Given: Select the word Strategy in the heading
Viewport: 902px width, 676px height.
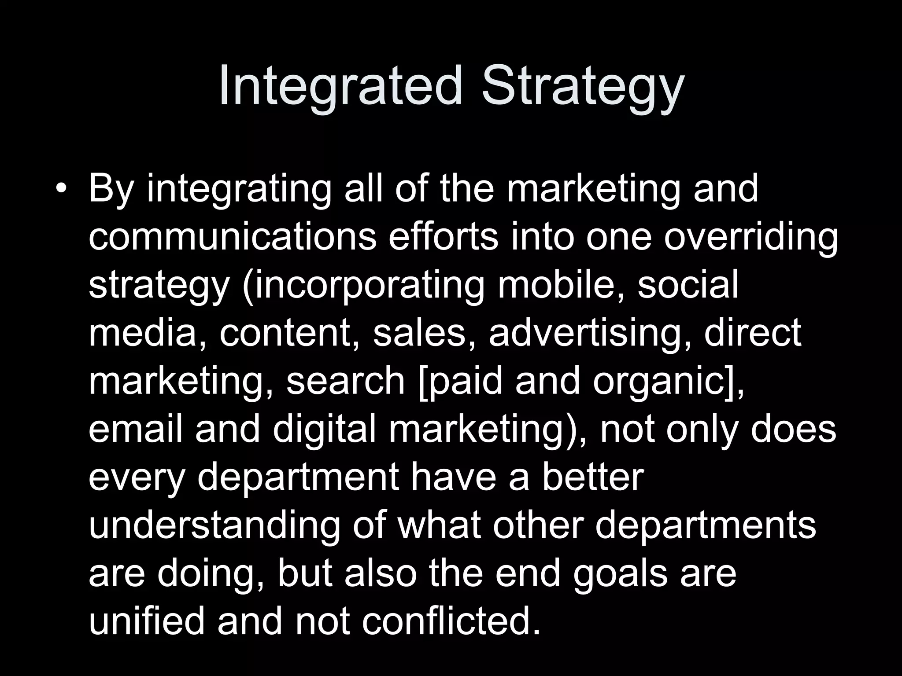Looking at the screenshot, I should coord(583,87).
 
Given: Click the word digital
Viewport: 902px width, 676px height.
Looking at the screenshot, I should coord(324,430).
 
